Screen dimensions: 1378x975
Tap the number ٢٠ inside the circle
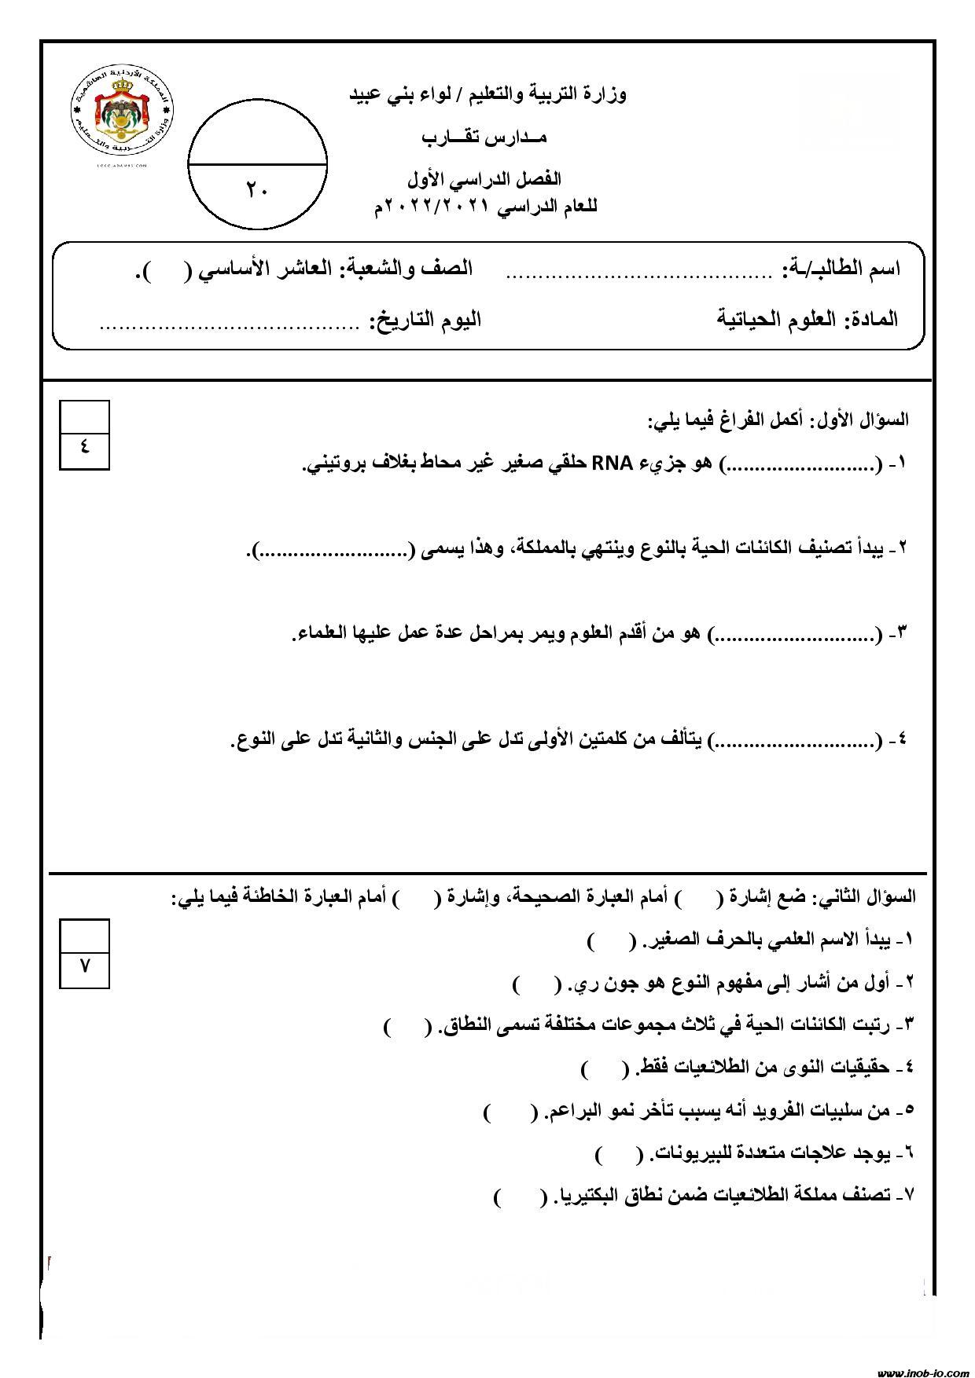(x=256, y=189)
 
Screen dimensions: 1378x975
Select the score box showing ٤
(x=84, y=446)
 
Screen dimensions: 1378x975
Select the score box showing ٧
(x=84, y=965)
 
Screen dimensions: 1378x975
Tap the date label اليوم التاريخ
(x=425, y=320)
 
